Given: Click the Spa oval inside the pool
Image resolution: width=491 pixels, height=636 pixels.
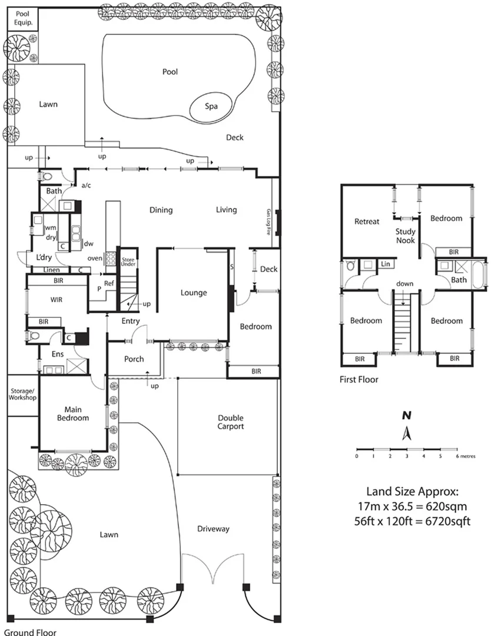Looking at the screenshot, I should [211, 107].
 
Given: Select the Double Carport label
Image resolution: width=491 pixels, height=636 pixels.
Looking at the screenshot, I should [230, 422].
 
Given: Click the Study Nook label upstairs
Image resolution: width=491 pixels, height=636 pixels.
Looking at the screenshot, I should [405, 236].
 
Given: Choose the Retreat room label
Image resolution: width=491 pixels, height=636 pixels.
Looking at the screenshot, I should [367, 221].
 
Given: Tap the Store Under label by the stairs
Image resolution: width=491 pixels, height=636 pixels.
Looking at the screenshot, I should [128, 263].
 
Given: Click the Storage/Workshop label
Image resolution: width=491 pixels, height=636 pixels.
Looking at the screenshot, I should [22, 394].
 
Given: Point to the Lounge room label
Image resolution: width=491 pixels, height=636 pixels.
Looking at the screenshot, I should [194, 292].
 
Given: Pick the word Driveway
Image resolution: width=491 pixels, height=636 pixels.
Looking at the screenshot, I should [213, 529].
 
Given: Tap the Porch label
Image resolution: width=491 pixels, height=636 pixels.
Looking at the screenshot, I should [134, 359].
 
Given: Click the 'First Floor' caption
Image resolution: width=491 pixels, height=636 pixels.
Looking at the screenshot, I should [359, 380].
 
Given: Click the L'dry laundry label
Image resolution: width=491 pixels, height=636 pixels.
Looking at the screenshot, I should [44, 258].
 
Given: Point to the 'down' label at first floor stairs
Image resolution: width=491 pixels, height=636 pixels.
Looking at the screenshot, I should [404, 283].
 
